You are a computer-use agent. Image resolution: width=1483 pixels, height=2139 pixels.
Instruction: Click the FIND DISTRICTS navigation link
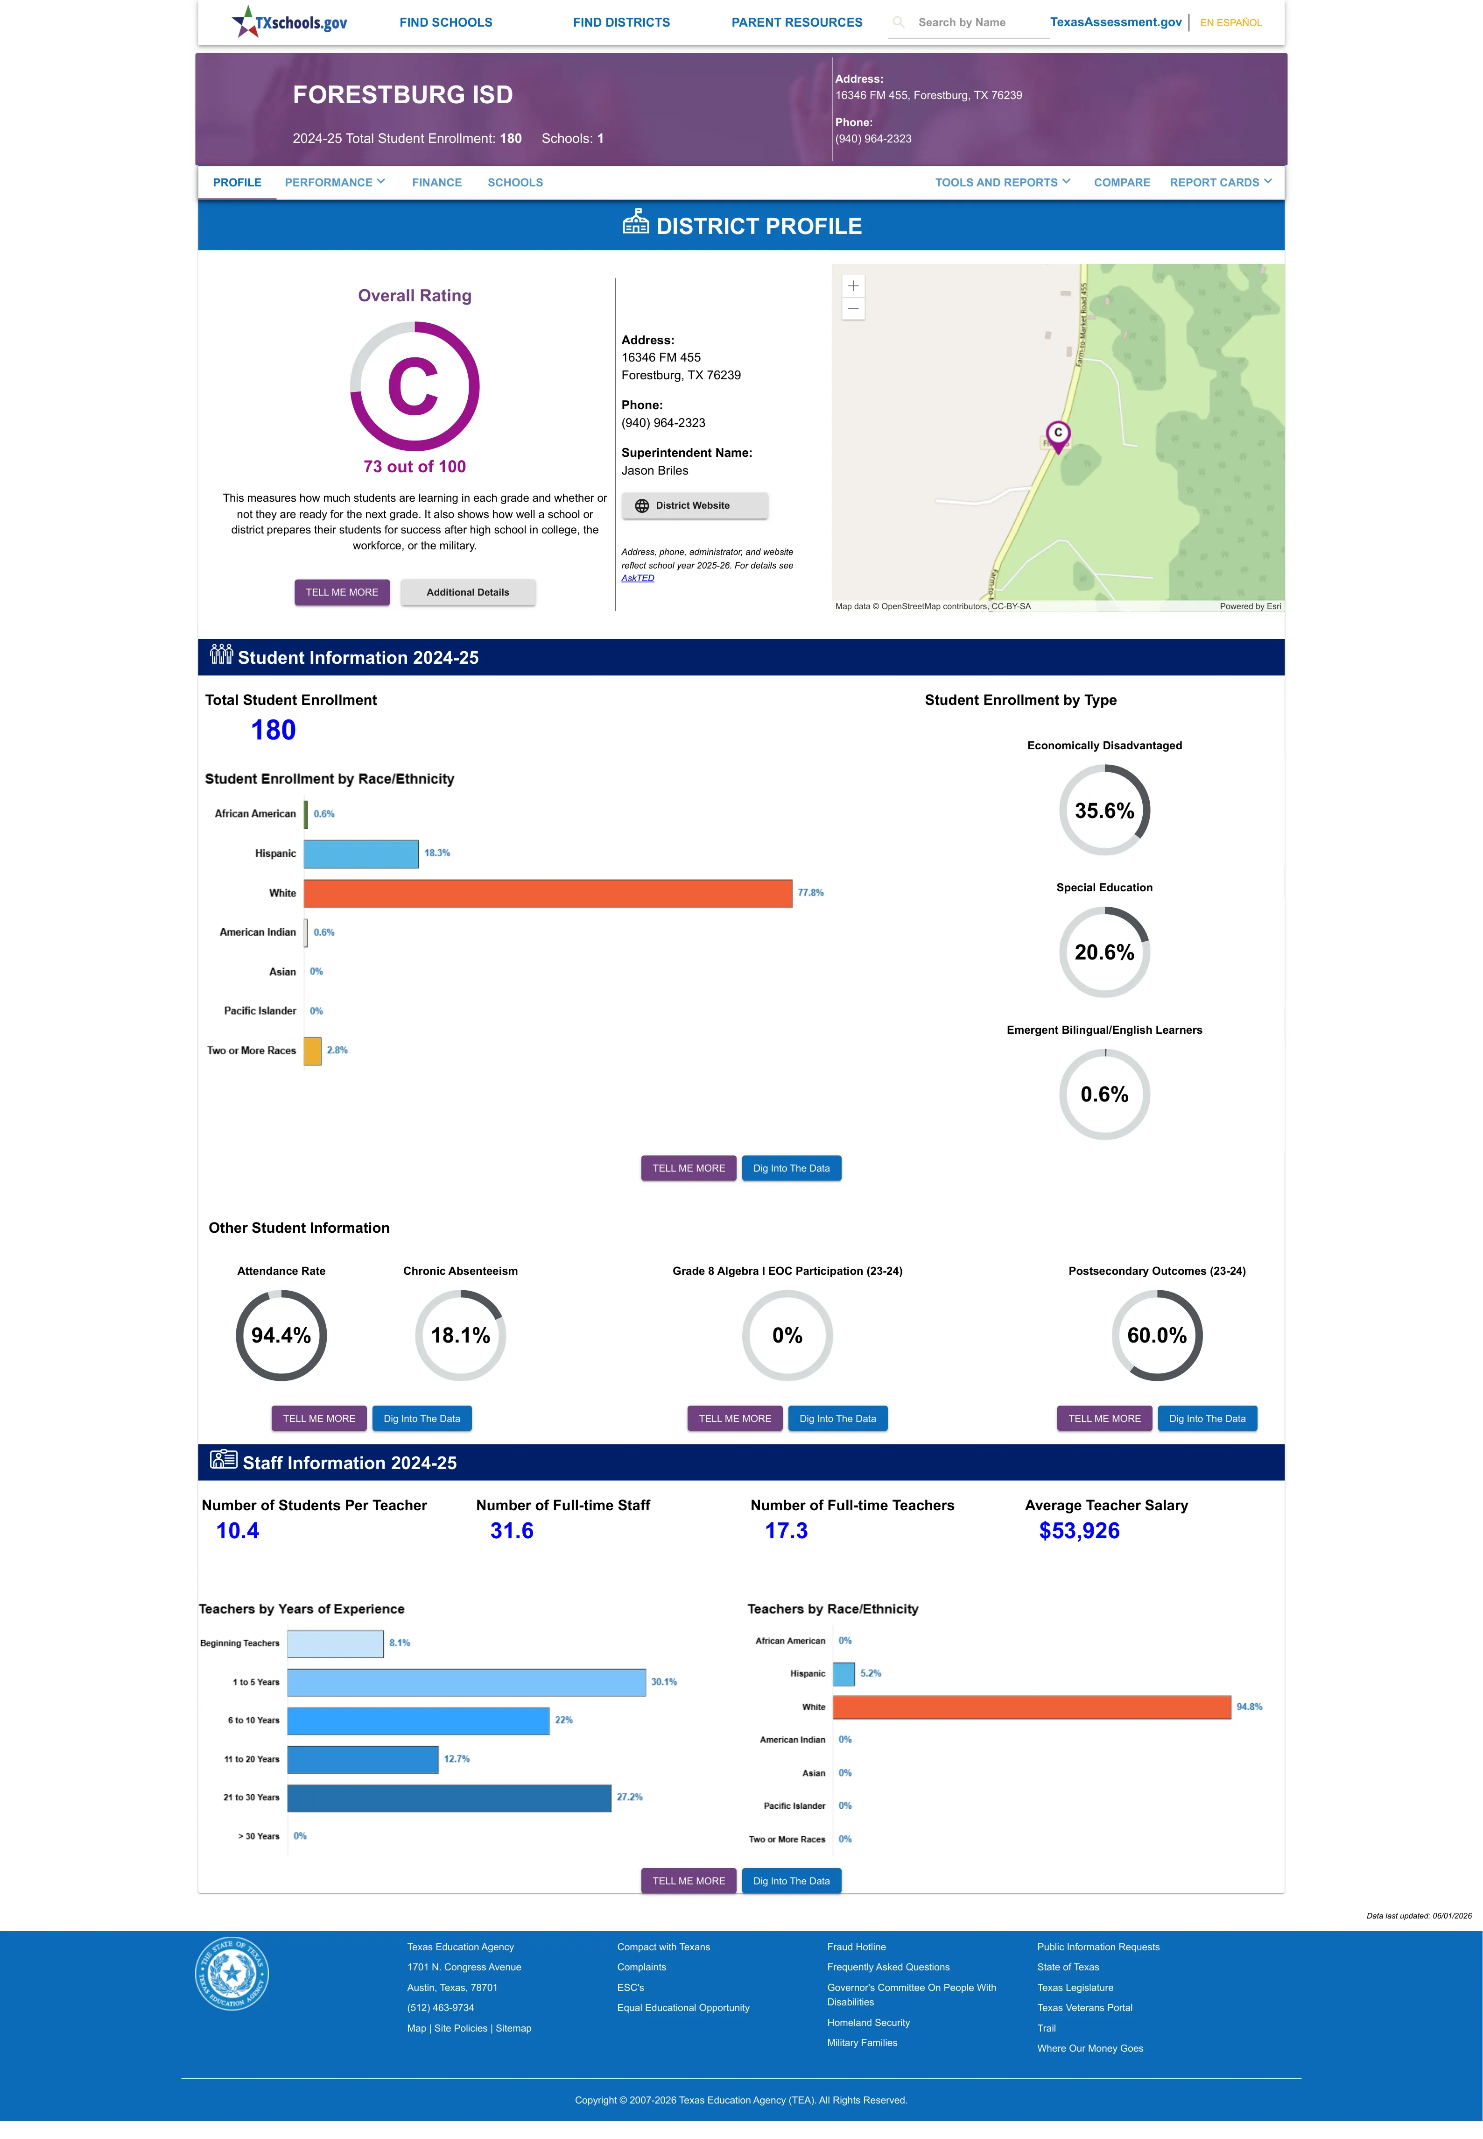tap(621, 22)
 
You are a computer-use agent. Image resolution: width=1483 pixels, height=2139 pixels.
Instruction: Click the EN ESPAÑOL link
tap(1230, 22)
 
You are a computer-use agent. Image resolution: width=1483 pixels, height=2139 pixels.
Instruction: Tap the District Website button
tap(694, 506)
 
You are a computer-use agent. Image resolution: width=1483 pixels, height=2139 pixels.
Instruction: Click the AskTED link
tap(638, 578)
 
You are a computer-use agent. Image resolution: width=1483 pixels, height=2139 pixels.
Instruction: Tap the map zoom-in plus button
tap(853, 286)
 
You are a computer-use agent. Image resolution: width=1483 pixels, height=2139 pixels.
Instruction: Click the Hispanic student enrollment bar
tap(361, 853)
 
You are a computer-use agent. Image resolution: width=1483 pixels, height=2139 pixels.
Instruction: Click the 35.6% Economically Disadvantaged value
tap(1104, 810)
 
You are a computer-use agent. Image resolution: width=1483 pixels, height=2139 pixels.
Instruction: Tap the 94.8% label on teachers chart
tap(1249, 1707)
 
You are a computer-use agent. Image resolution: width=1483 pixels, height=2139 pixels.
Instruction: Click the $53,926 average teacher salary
tap(1079, 1531)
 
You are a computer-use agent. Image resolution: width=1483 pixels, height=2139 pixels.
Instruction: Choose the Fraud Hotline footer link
tap(856, 1947)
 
